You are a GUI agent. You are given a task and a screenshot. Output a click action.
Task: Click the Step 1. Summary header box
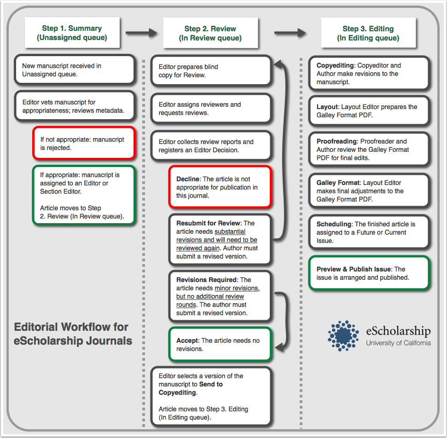coord(72,33)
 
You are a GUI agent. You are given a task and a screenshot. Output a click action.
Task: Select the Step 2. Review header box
coord(210,33)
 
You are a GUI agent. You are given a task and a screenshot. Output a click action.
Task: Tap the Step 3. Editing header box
coord(368,33)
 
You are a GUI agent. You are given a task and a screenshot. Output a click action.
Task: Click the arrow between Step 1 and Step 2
coord(141,33)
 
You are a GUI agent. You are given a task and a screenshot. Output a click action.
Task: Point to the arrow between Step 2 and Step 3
coord(290,33)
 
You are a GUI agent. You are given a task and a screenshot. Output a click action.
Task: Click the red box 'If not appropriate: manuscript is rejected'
coord(83,143)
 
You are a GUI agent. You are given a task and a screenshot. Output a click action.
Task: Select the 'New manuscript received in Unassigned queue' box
coord(74,70)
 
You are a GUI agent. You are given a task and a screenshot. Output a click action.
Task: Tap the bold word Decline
coord(188,179)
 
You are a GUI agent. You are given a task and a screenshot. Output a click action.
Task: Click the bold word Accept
coord(187,340)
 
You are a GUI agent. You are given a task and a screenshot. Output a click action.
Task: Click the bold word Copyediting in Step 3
coord(335,65)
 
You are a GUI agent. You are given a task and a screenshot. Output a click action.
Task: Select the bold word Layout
coord(327,107)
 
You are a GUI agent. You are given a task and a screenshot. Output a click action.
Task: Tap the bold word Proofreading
coord(337,141)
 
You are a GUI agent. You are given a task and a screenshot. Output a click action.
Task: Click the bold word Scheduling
coord(334,224)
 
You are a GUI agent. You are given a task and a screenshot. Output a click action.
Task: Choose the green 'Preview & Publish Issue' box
coord(368,273)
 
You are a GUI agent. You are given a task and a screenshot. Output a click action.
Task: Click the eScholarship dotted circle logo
coord(343,336)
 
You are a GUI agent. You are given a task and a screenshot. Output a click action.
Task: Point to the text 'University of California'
coord(398,343)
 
